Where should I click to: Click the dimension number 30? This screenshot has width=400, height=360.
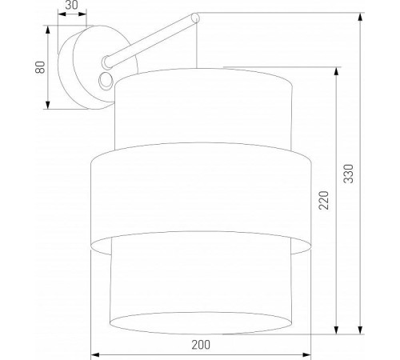coord(71,6)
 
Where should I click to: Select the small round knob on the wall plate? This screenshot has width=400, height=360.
coord(104,78)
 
